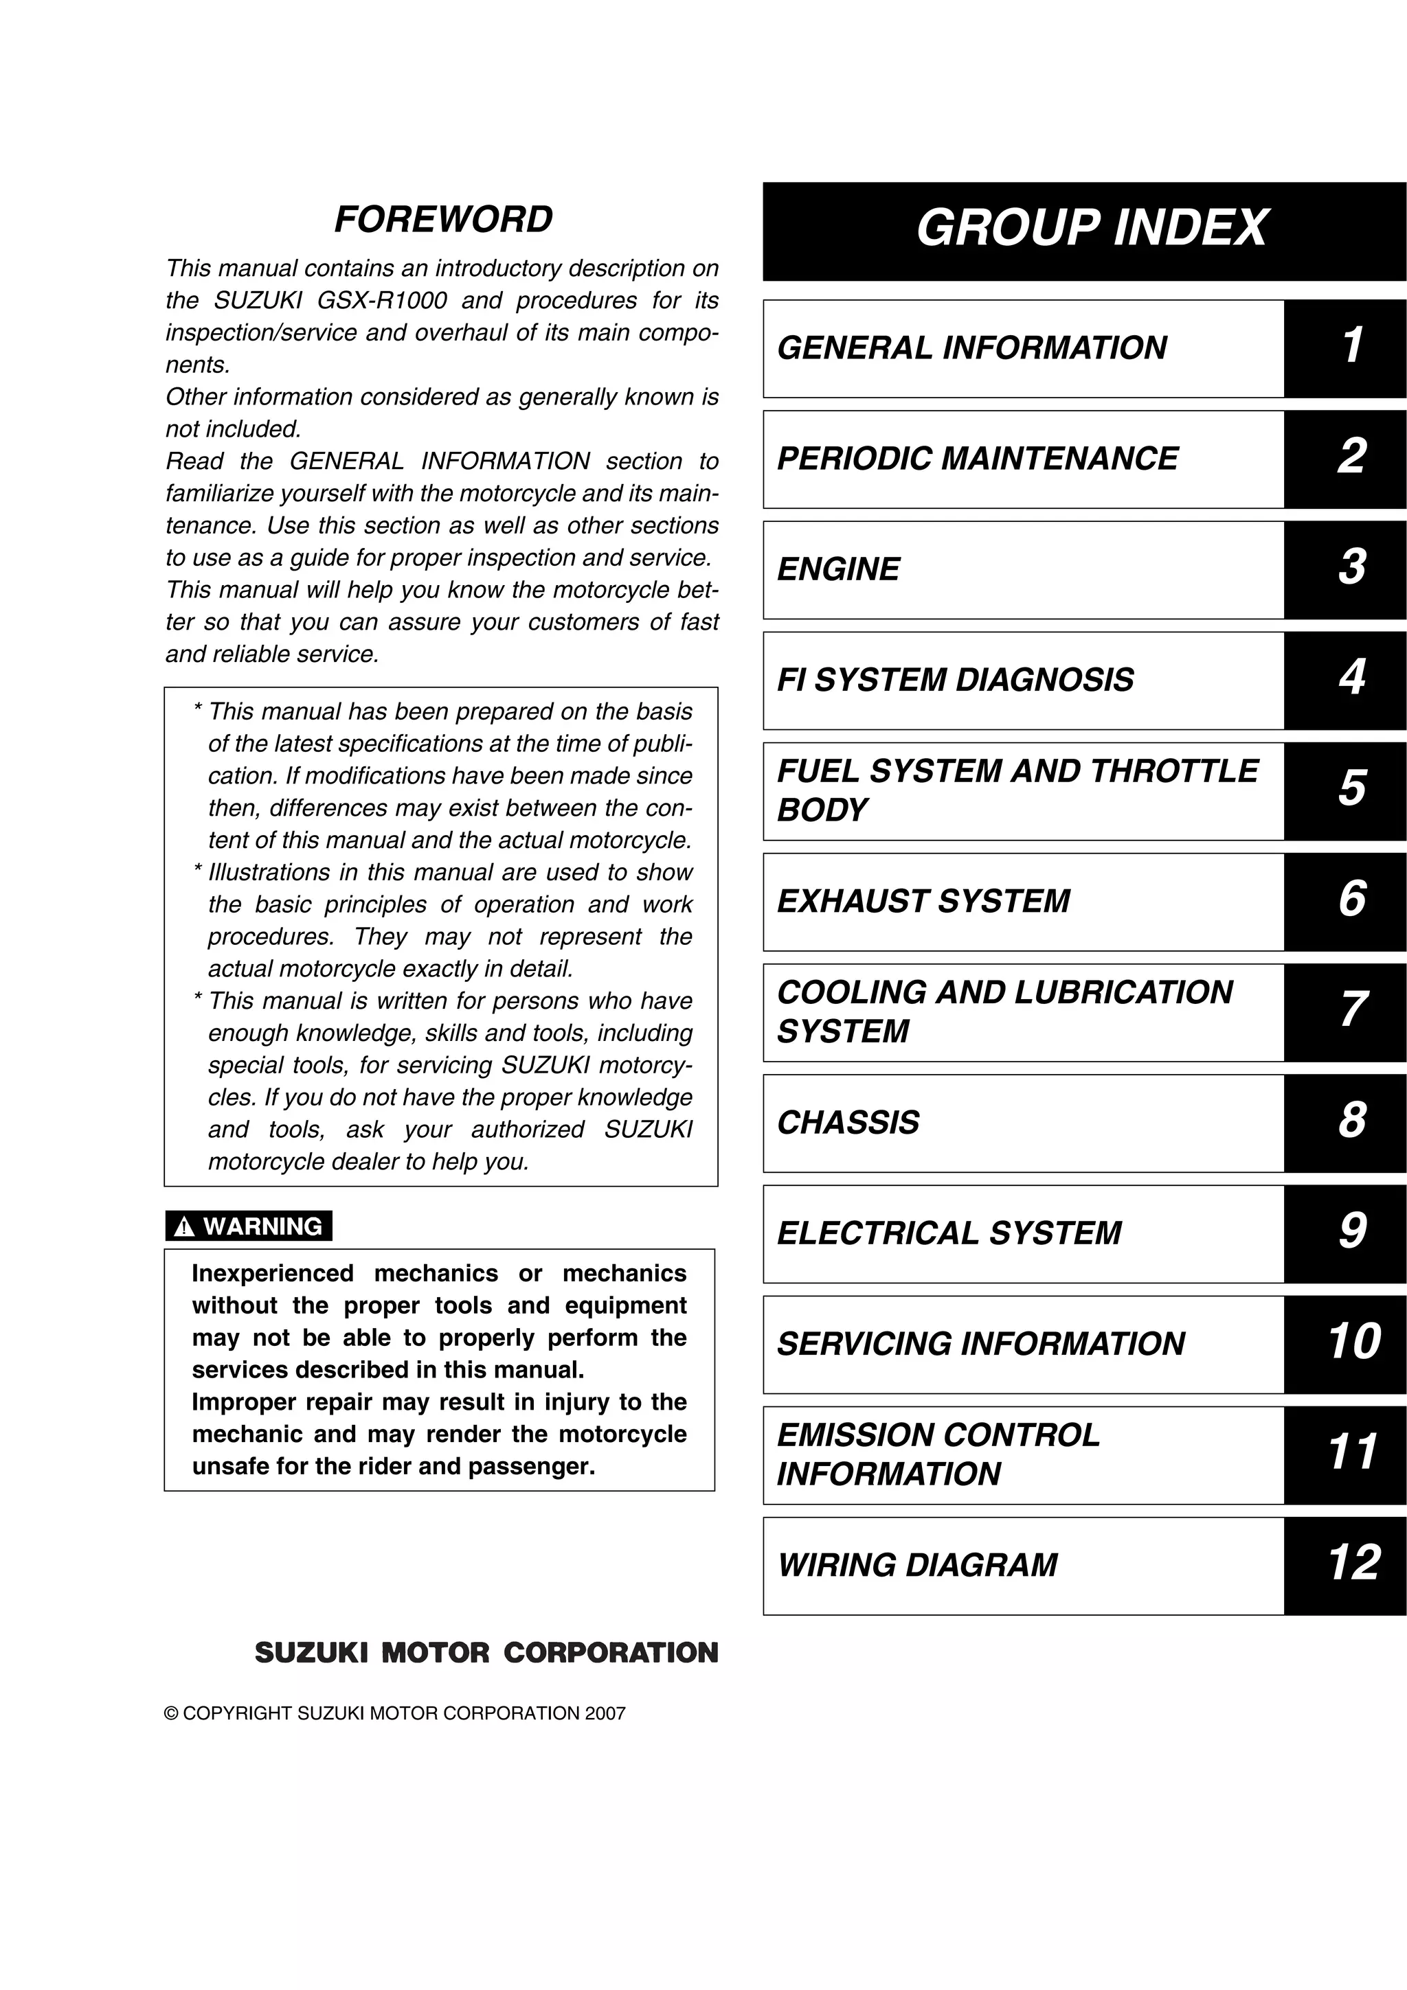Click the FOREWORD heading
[443, 219]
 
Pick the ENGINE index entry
[838, 569]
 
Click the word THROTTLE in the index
[1174, 771]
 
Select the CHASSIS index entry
[848, 1123]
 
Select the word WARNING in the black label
[262, 1226]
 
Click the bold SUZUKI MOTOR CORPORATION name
[486, 1653]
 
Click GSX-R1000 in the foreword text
[382, 301]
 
